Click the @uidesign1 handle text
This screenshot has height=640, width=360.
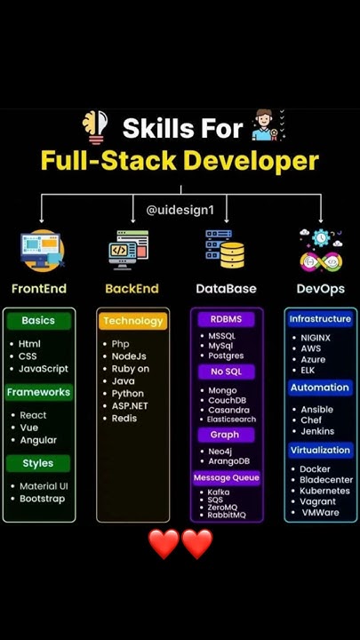(181, 210)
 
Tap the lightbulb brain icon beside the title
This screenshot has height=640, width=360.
(93, 127)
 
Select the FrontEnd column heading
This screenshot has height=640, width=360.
(39, 289)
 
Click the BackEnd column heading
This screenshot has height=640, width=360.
(132, 289)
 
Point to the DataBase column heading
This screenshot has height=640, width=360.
(226, 289)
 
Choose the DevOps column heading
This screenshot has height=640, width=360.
(320, 289)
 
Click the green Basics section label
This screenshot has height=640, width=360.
(38, 320)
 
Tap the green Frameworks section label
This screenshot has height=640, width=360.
(38, 392)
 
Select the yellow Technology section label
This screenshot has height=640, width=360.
(132, 321)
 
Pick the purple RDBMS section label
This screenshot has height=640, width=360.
(226, 319)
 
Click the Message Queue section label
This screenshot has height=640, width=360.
(226, 478)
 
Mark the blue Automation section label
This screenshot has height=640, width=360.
(319, 388)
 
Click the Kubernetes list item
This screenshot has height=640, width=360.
(324, 491)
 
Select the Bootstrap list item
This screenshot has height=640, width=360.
(44, 499)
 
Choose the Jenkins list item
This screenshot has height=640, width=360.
(317, 431)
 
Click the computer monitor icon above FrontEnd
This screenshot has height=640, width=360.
(41, 250)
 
